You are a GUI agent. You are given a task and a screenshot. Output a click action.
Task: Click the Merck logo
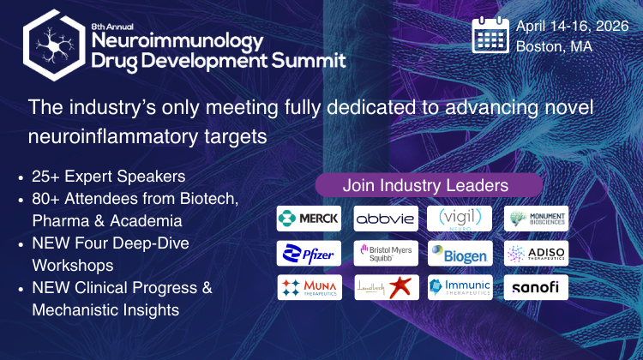[x=309, y=218]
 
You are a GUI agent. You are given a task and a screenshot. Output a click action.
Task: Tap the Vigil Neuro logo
[x=460, y=218]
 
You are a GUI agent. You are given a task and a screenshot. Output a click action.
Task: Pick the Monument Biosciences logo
[x=536, y=218]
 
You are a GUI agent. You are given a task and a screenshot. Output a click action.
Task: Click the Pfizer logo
[x=309, y=253]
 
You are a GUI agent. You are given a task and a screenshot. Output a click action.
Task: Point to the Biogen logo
[x=460, y=253]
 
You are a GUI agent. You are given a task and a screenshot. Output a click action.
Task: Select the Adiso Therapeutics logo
[x=536, y=253]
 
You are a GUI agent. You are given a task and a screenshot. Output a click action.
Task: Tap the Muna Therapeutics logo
[x=309, y=287]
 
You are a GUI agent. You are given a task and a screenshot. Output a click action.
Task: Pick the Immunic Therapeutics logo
[x=460, y=287]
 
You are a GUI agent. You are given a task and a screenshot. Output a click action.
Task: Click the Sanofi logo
[x=536, y=287]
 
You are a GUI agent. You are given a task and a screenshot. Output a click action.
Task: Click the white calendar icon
[x=491, y=35]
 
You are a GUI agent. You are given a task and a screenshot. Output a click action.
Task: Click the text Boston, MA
[x=554, y=45]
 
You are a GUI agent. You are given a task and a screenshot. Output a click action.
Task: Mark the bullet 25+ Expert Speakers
[x=108, y=177]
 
